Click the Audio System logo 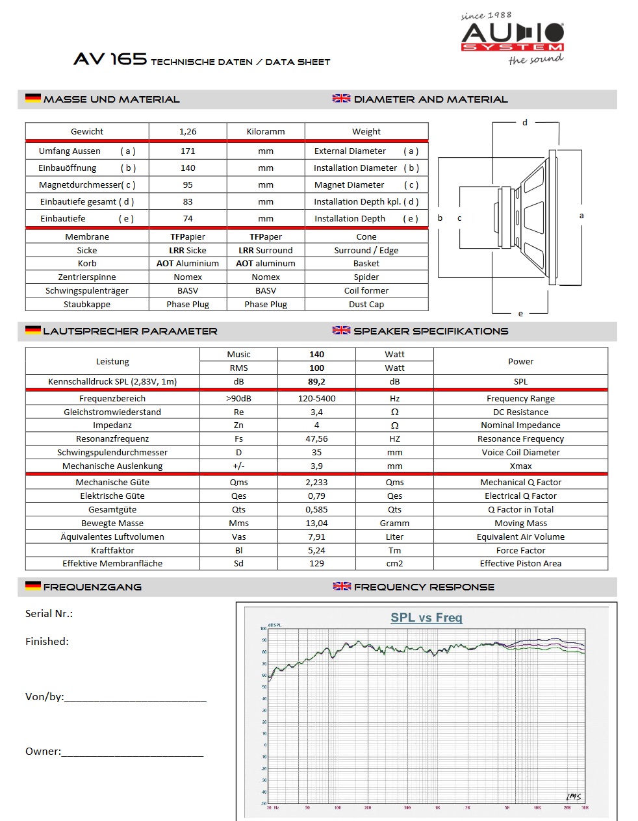pyautogui.click(x=513, y=38)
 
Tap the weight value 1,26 pyautogui.click(x=188, y=131)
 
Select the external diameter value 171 pyautogui.click(x=188, y=151)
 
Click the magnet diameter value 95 pyautogui.click(x=188, y=184)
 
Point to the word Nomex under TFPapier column pyautogui.click(x=188, y=277)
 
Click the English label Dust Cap pyautogui.click(x=366, y=304)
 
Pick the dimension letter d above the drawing pyautogui.click(x=525, y=122)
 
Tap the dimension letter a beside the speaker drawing pyautogui.click(x=581, y=216)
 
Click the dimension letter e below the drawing pyautogui.click(x=520, y=314)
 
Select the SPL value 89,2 pyautogui.click(x=316, y=381)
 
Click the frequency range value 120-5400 pyautogui.click(x=316, y=398)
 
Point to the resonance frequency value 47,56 pyautogui.click(x=316, y=438)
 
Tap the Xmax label pyautogui.click(x=520, y=466)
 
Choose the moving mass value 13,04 pyautogui.click(x=316, y=523)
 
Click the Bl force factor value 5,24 pyautogui.click(x=316, y=550)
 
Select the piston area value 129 pyautogui.click(x=316, y=563)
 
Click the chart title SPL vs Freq pyautogui.click(x=426, y=617)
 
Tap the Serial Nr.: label pyautogui.click(x=49, y=613)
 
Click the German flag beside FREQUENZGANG pyautogui.click(x=33, y=586)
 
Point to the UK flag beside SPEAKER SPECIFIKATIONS pyautogui.click(x=342, y=330)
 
